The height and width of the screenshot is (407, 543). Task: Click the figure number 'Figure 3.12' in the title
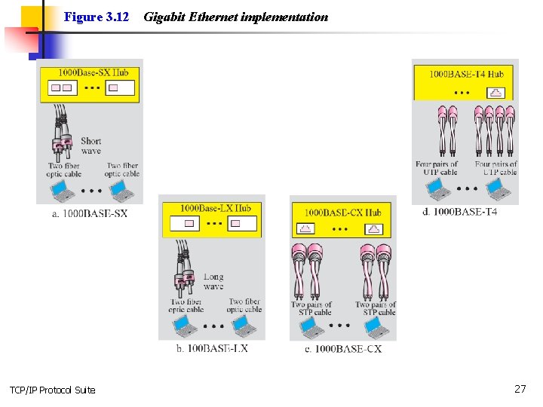[97, 17]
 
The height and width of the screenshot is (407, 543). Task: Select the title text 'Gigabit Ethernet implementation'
[235, 17]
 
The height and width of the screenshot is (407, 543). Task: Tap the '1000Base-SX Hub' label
[94, 73]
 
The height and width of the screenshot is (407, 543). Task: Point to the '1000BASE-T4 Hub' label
[466, 74]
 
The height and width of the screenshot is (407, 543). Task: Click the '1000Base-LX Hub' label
[215, 208]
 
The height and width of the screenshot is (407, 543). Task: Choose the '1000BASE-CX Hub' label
[342, 213]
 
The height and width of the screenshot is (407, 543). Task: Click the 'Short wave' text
[90, 145]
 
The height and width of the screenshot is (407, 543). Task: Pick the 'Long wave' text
[213, 281]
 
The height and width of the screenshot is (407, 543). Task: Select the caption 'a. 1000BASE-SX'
[89, 213]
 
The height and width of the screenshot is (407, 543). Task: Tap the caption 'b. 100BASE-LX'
[212, 348]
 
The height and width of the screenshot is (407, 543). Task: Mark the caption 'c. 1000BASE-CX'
[343, 348]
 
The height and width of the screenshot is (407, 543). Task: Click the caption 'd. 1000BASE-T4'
[459, 212]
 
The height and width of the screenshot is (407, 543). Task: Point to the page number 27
[520, 389]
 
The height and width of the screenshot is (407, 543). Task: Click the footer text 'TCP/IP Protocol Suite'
[53, 390]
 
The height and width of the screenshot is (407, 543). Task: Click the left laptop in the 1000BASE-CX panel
[308, 327]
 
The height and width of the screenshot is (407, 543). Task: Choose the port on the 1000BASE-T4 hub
[496, 92]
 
